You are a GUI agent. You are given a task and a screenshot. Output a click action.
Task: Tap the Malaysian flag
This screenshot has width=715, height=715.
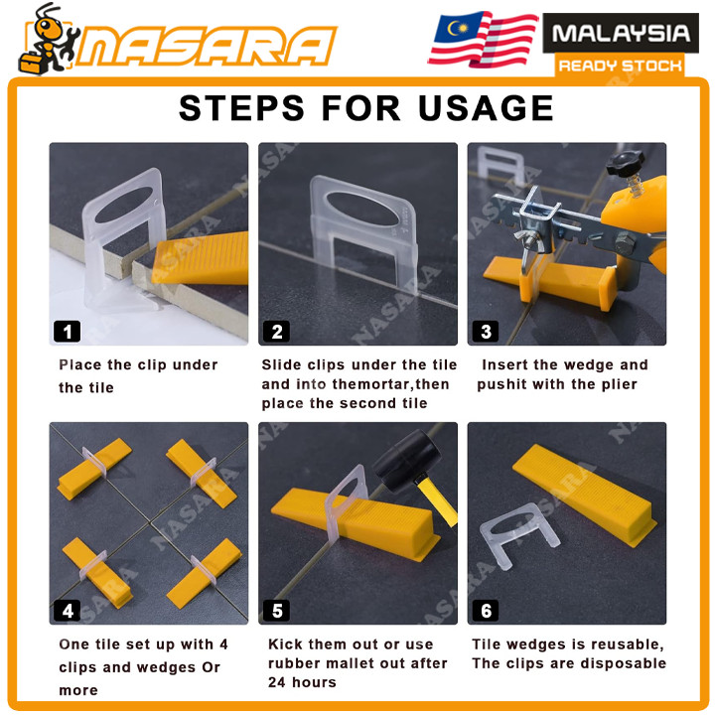484,39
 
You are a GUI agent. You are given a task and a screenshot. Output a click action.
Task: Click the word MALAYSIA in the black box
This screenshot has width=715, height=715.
621,34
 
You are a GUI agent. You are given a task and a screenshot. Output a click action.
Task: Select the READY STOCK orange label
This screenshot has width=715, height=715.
620,67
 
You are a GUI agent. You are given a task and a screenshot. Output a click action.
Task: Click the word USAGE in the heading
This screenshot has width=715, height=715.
486,108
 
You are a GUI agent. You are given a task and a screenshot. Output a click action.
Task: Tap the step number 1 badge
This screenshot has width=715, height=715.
68,332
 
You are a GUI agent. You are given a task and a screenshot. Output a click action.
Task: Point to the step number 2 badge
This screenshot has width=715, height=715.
276,332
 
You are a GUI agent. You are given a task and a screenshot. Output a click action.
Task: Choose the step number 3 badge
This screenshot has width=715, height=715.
486,332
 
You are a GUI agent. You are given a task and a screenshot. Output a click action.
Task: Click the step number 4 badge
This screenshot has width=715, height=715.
68,611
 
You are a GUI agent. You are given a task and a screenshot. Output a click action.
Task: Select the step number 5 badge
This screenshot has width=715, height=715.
276,611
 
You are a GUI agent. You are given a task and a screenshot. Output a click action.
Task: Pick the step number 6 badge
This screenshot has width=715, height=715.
486,611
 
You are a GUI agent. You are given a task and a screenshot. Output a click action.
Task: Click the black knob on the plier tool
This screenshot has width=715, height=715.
626,163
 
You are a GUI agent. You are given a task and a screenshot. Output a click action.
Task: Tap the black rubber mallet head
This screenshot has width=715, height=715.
406,462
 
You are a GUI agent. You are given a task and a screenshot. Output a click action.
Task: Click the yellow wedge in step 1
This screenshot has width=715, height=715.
201,259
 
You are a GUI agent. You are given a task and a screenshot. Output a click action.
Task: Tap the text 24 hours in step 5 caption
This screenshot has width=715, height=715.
302,682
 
